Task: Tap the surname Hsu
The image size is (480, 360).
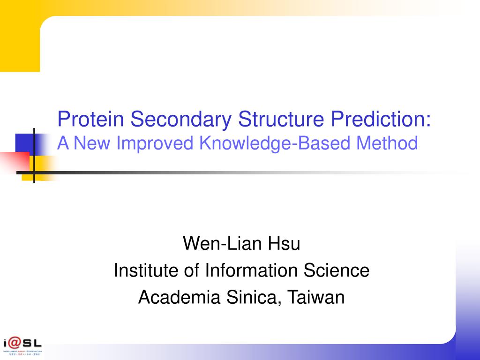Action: pyautogui.click(x=284, y=244)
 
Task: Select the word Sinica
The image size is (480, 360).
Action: pyautogui.click(x=255, y=297)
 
